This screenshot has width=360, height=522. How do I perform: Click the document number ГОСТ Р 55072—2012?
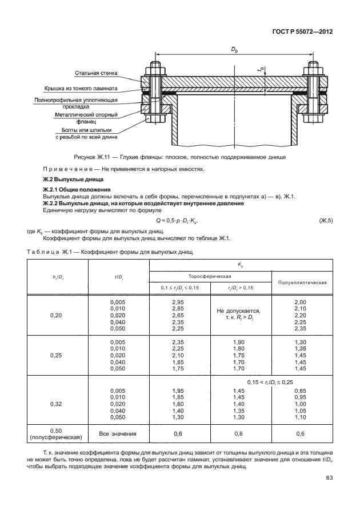[302, 32]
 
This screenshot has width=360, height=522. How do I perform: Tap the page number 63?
[329, 478]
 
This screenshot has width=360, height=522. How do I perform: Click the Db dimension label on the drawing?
[234, 50]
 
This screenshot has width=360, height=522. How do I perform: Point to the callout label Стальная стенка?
[96, 73]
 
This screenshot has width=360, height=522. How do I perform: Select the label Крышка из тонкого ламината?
[81, 89]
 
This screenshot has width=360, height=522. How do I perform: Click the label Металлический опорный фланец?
[86, 118]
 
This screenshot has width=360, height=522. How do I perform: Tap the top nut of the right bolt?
[313, 71]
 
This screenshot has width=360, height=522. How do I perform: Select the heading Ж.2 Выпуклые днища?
[73, 180]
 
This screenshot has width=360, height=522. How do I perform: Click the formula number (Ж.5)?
[326, 220]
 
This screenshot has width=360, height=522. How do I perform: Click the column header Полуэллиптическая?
[302, 282]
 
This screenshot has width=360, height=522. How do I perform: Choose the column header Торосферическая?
[210, 276]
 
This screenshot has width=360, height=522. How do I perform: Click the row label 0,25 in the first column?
[56, 355]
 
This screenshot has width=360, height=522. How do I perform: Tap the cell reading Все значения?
[118, 434]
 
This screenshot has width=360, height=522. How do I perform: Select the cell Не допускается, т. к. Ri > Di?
[238, 314]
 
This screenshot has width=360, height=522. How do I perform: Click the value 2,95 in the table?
[178, 302]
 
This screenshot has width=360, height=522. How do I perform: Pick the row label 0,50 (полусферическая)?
[56, 434]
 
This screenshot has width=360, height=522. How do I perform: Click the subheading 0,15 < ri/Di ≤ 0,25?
[270, 382]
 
